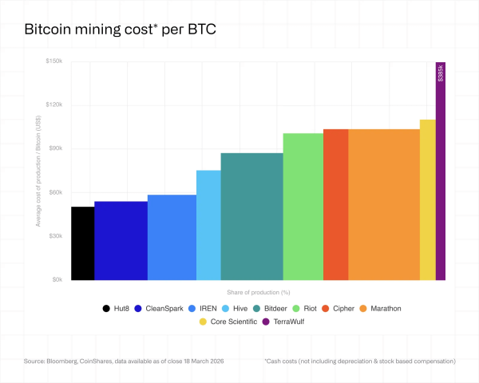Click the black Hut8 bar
[82, 243]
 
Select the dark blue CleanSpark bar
[121, 241]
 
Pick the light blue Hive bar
[208, 225]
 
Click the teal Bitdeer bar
[251, 216]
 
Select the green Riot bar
[303, 207]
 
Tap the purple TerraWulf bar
[440, 184]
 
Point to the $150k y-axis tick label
[54, 61]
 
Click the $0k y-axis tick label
[57, 280]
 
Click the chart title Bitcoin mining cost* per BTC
[121, 30]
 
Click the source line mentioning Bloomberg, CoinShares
[125, 361]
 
